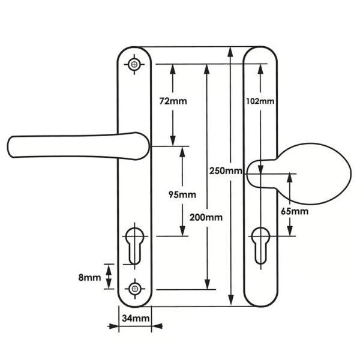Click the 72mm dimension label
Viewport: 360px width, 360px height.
click(173, 101)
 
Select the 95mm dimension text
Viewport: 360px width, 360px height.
click(182, 194)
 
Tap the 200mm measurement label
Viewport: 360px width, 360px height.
click(206, 217)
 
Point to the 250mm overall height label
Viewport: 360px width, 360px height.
click(226, 171)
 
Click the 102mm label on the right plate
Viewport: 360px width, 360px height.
click(260, 101)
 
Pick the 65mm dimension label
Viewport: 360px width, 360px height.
click(295, 211)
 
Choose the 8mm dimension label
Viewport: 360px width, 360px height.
click(89, 278)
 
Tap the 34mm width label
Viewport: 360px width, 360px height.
click(136, 318)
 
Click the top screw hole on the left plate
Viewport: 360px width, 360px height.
click(134, 65)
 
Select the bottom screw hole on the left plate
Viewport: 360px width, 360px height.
click(135, 289)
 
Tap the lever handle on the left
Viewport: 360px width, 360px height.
click(78, 146)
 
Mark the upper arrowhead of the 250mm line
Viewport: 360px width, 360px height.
click(231, 52)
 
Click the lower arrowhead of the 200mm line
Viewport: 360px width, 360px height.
click(207, 284)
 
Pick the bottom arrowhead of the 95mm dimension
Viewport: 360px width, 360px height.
click(182, 231)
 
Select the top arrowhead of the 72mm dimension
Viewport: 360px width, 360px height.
click(173, 70)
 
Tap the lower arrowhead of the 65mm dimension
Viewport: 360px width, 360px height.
click(290, 231)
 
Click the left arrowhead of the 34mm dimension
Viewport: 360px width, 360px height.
click(113, 326)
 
